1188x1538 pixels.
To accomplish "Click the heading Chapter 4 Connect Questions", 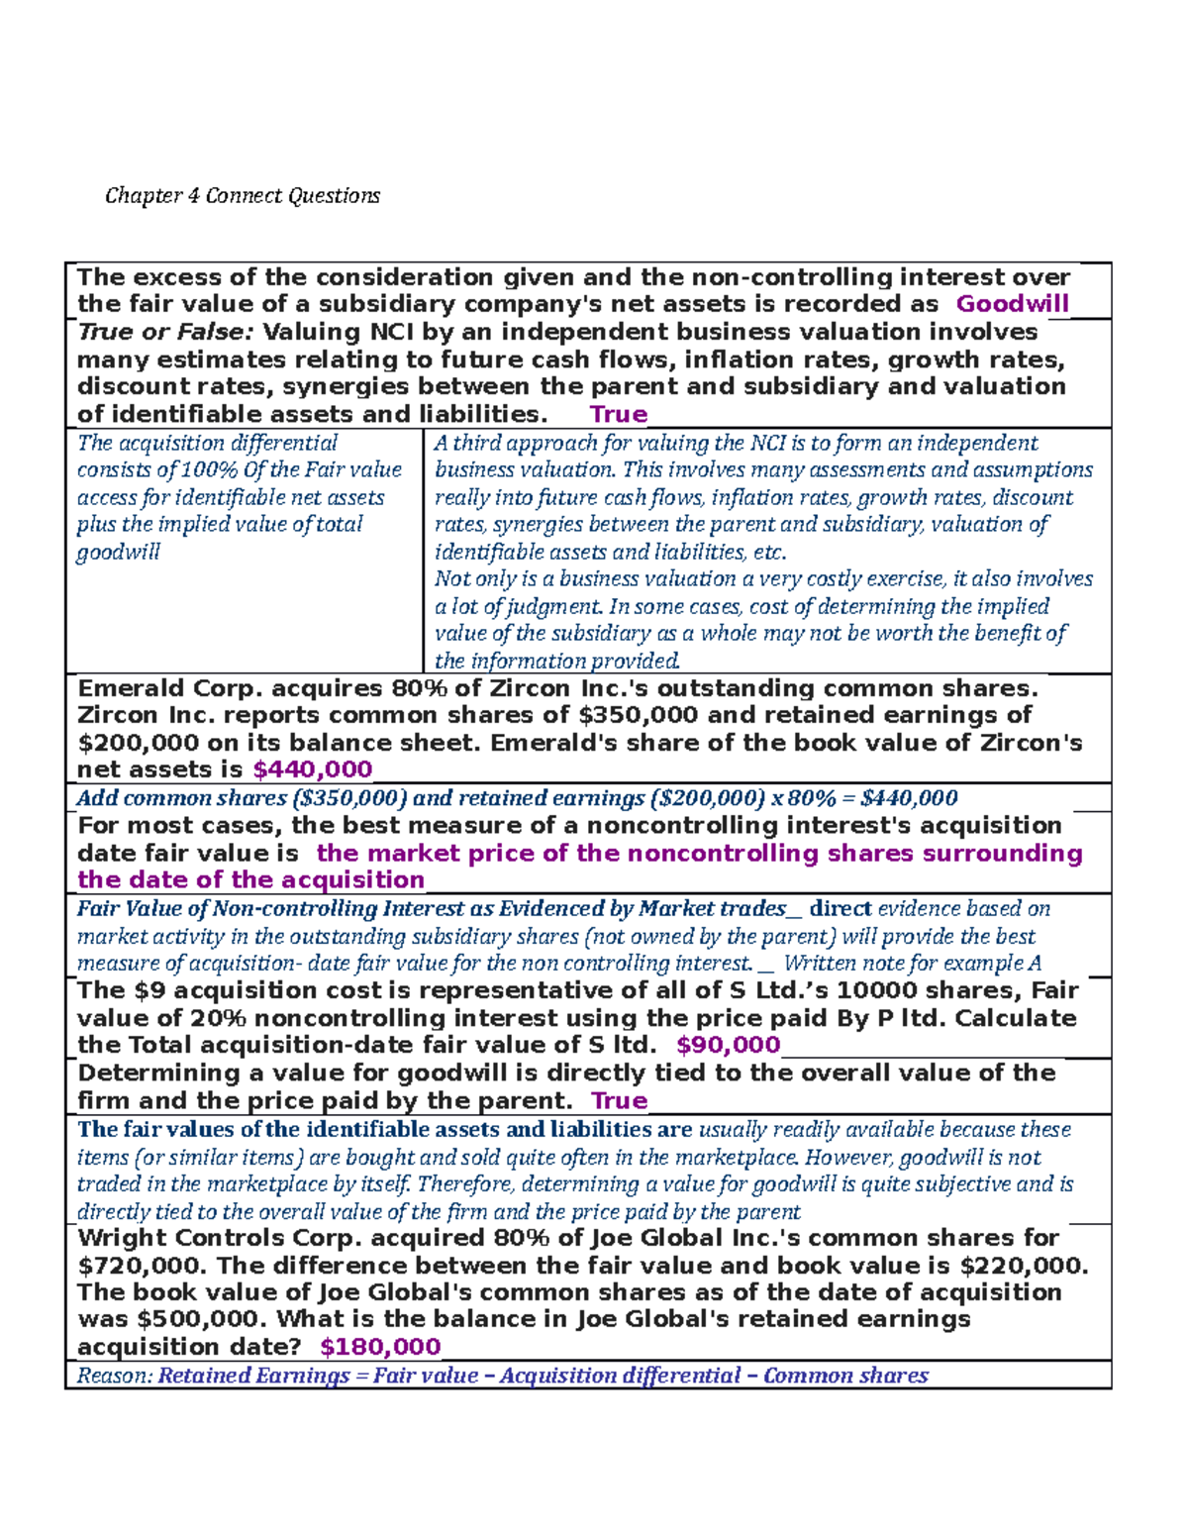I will pyautogui.click(x=243, y=195).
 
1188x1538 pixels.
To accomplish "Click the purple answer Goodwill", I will pyautogui.click(x=1012, y=304).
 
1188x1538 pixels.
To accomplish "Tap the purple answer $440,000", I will pyautogui.click(x=313, y=769).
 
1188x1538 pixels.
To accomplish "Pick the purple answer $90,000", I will pyautogui.click(x=728, y=1045).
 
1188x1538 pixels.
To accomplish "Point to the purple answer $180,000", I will pyautogui.click(x=381, y=1346).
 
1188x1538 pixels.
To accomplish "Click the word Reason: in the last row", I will pyautogui.click(x=114, y=1376).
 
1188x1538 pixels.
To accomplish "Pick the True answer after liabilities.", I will pyautogui.click(x=618, y=414).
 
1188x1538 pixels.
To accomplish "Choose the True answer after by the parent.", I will pyautogui.click(x=619, y=1100).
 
